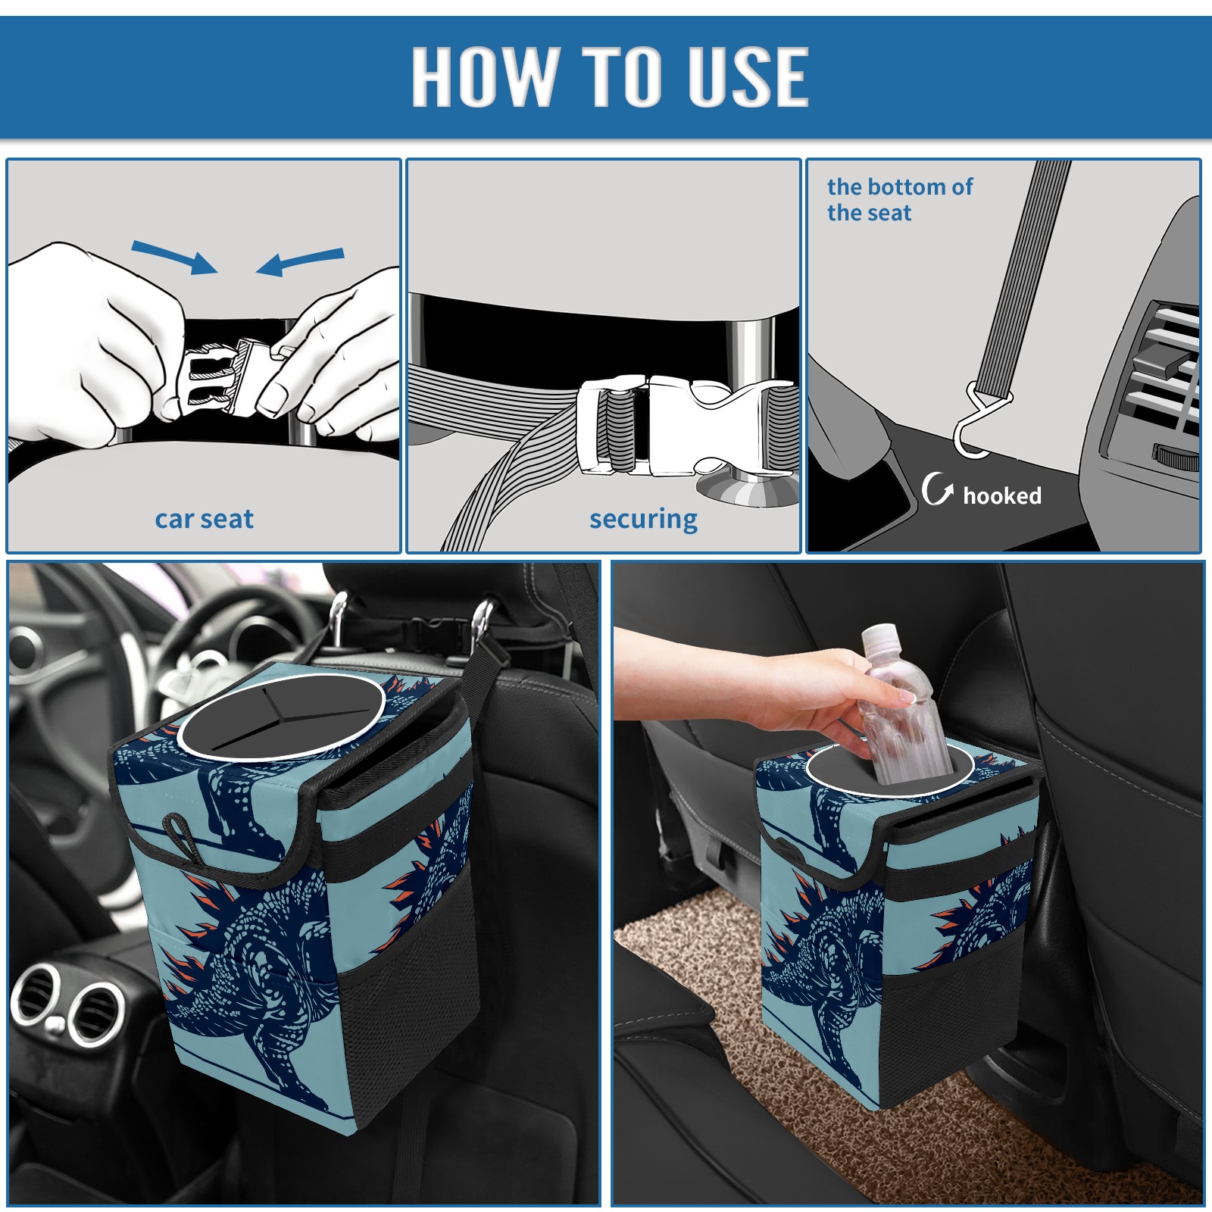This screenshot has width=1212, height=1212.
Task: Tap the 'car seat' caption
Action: [204, 519]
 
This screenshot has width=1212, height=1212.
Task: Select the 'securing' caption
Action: [643, 519]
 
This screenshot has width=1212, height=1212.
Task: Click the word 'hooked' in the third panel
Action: [1002, 495]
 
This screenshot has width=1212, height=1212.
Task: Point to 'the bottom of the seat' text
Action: [899, 199]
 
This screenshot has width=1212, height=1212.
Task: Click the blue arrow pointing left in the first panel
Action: [300, 261]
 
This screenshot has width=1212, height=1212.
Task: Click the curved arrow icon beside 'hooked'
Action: [937, 489]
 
